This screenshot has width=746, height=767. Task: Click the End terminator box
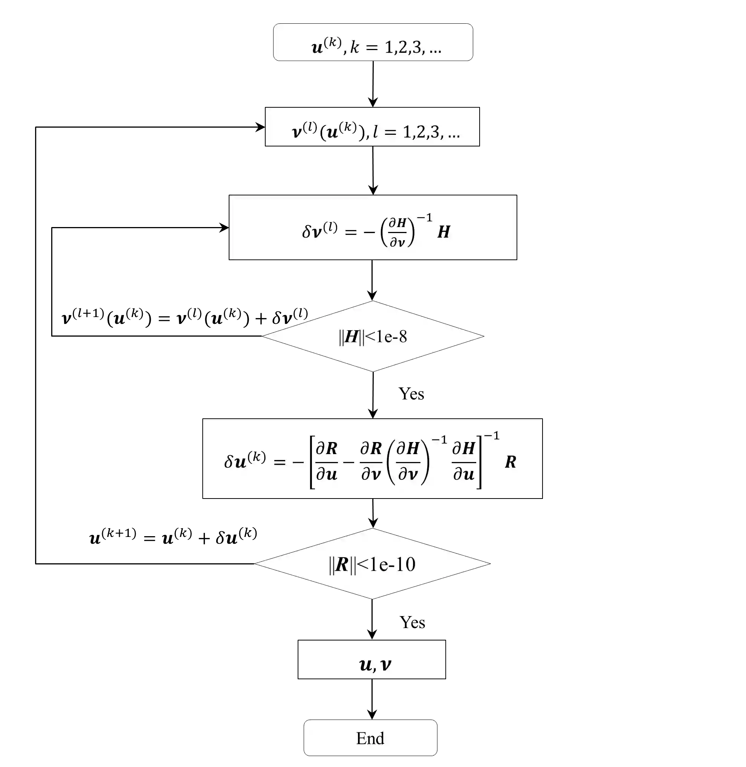(370, 738)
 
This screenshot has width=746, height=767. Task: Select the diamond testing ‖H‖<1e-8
(373, 336)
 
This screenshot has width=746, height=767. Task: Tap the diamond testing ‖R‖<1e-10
(373, 564)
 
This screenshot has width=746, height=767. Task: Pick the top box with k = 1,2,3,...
(373, 42)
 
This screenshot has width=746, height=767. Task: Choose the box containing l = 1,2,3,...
(372, 127)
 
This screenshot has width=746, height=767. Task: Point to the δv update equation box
(373, 228)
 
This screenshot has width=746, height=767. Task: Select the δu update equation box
(372, 459)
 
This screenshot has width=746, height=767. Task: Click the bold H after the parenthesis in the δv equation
(443, 232)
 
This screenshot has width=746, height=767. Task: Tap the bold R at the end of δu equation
(510, 462)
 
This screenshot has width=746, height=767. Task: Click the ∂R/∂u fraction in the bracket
(326, 461)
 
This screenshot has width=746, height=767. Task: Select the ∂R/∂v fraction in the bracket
(371, 461)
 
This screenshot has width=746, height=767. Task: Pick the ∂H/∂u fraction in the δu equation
(463, 461)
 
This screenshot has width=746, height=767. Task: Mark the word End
(370, 738)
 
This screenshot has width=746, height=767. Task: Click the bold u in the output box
(365, 665)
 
